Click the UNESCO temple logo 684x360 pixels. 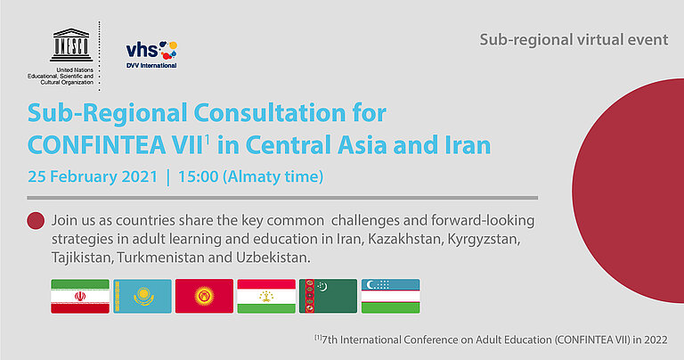[x=72, y=45]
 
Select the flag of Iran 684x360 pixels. [x=79, y=296]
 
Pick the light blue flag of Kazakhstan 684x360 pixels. [x=142, y=296]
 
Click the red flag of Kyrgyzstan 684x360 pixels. [x=203, y=296]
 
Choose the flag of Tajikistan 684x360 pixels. [x=265, y=296]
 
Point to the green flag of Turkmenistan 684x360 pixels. [x=328, y=296]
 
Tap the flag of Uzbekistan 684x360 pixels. [x=390, y=296]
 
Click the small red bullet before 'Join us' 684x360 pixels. [x=37, y=221]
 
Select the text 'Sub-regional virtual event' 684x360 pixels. [x=574, y=39]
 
